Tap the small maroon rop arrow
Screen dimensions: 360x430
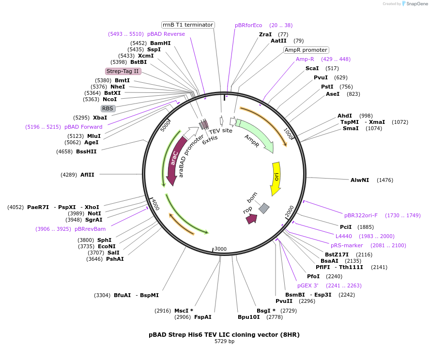click(251, 219)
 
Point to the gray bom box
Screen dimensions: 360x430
click(264, 208)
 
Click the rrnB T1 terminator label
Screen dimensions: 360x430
click(188, 25)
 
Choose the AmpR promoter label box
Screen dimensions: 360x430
click(306, 50)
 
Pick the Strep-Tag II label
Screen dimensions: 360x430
click(123, 71)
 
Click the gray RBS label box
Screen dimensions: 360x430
click(107, 108)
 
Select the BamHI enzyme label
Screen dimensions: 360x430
click(160, 43)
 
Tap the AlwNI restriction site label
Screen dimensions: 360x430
click(360, 180)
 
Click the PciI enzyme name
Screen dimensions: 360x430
click(346, 227)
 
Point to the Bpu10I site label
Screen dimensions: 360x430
click(248, 317)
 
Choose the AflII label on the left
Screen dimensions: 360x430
click(88, 175)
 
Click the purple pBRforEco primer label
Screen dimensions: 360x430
click(248, 25)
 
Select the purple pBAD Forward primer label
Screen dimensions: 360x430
click(83, 127)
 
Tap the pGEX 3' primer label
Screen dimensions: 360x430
click(308, 285)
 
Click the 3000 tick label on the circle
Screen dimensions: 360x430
click(220, 249)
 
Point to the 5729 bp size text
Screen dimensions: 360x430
click(224, 342)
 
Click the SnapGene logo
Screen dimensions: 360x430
click(415, 4)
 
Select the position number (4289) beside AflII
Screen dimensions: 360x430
click(69, 175)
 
